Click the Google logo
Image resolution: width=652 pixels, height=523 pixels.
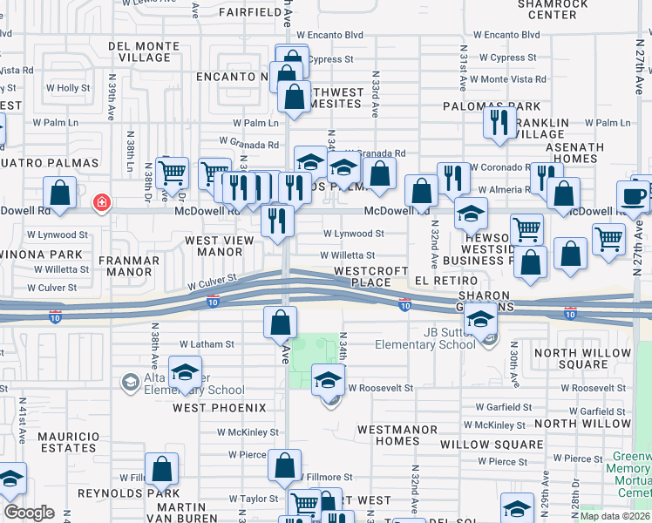click(29, 513)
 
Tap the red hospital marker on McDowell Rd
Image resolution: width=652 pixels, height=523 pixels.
click(103, 204)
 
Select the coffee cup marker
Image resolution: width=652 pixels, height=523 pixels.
click(633, 196)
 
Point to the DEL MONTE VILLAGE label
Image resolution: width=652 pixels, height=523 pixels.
click(139, 51)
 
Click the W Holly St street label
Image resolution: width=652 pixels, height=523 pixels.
click(68, 88)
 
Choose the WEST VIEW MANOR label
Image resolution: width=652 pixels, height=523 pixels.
click(214, 246)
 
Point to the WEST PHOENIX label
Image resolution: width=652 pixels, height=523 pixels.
click(219, 408)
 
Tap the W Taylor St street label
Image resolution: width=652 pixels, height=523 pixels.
click(253, 499)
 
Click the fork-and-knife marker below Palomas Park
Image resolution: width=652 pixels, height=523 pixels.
click(498, 122)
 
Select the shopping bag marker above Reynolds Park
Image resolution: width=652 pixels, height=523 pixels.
click(162, 470)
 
